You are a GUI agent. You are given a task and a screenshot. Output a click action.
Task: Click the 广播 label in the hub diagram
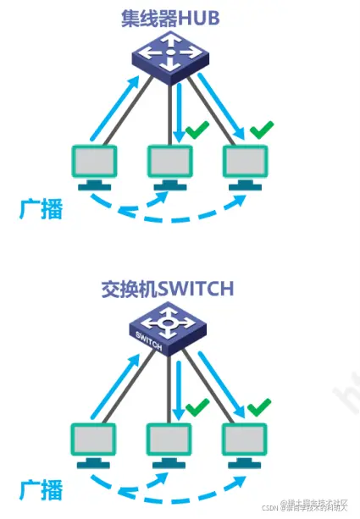pos(41,209)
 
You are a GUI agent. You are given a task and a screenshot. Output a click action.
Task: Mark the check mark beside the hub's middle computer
pos(197,130)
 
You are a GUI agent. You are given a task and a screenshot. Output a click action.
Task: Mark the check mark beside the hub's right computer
pos(263,130)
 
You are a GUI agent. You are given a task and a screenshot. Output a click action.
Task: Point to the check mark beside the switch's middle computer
pos(197,409)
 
